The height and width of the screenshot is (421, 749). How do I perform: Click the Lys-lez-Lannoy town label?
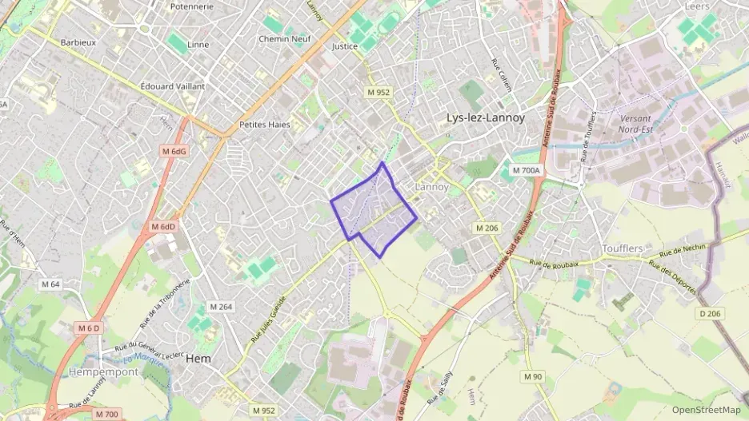pos(486,118)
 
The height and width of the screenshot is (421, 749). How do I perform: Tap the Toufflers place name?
pos(623,248)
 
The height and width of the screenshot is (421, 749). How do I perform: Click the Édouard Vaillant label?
pos(172,86)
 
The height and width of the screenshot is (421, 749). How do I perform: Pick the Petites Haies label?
pos(264,125)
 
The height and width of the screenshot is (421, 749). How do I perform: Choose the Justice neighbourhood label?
pos(344,46)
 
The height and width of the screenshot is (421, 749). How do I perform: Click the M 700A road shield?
pos(527,170)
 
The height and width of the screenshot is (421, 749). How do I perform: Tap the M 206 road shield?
pos(487,228)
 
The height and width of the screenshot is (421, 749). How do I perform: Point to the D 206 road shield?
pos(709,313)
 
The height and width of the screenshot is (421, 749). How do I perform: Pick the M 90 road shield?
pos(533,376)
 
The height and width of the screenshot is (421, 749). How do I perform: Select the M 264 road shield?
pos(220,307)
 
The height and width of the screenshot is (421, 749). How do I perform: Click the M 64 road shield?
pos(50,284)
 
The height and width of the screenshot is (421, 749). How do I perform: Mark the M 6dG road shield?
pos(173,151)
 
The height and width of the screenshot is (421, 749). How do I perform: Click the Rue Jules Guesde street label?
pos(267,319)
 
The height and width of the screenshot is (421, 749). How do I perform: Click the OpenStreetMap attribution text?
pos(706,410)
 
